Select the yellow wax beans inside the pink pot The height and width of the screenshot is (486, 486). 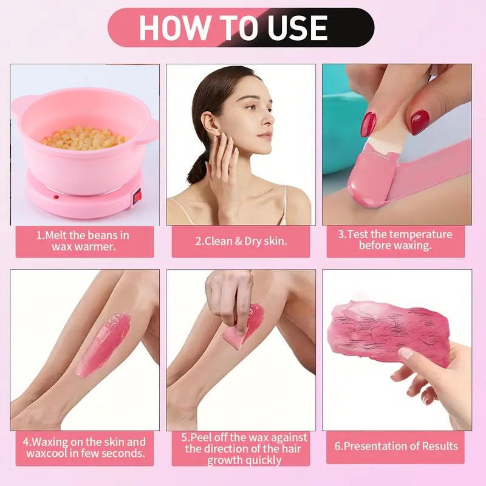85,137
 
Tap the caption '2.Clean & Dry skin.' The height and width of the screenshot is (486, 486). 241,241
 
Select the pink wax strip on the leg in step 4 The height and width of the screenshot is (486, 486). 103,343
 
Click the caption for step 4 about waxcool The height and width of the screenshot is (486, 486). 84,448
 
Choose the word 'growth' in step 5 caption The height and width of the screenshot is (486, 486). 227,460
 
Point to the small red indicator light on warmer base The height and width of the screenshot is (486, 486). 56,197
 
